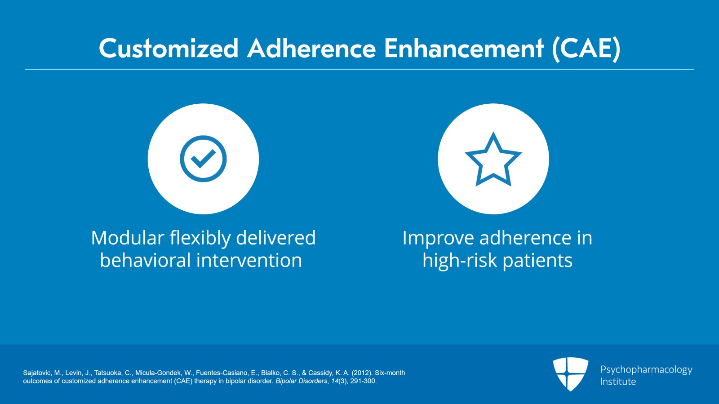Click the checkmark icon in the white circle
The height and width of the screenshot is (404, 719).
point(203,159)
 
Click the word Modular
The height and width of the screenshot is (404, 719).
point(128,238)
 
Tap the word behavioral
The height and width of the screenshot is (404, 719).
point(146,260)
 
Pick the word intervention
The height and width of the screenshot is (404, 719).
point(249,260)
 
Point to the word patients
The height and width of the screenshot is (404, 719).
point(537,261)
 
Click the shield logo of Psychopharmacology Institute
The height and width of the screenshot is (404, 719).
point(570,374)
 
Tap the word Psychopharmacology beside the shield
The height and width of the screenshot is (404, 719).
point(646,370)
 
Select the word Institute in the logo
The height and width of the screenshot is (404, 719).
point(618,382)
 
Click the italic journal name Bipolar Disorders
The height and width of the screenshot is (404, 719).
point(302,381)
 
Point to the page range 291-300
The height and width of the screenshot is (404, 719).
point(363,381)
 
